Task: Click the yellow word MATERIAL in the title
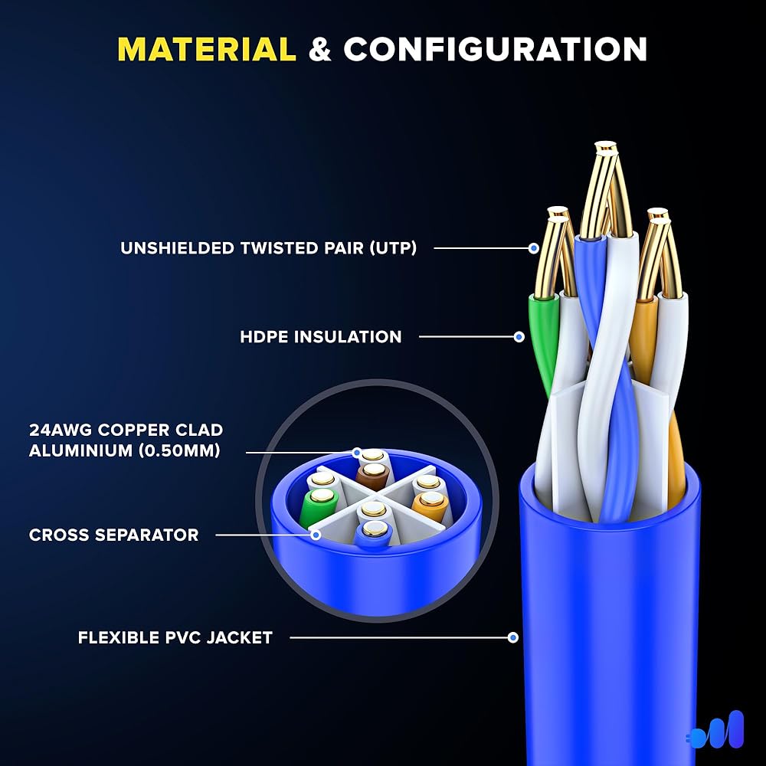pos(207,50)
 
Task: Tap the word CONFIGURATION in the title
pos(496,50)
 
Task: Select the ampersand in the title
pos(320,50)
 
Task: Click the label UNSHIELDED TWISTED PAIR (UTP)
pos(268,248)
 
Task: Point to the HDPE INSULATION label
pos(320,336)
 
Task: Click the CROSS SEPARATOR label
pos(114,535)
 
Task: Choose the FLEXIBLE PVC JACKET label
pos(175,637)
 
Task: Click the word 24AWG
pos(61,430)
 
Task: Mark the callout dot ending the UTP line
pos(534,248)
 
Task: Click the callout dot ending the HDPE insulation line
pos(519,336)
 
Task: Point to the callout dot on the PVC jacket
pos(513,637)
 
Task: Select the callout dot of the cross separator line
pos(316,535)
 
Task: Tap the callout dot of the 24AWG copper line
pos(357,453)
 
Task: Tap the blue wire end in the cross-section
pos(375,532)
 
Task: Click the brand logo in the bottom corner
pos(715,729)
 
